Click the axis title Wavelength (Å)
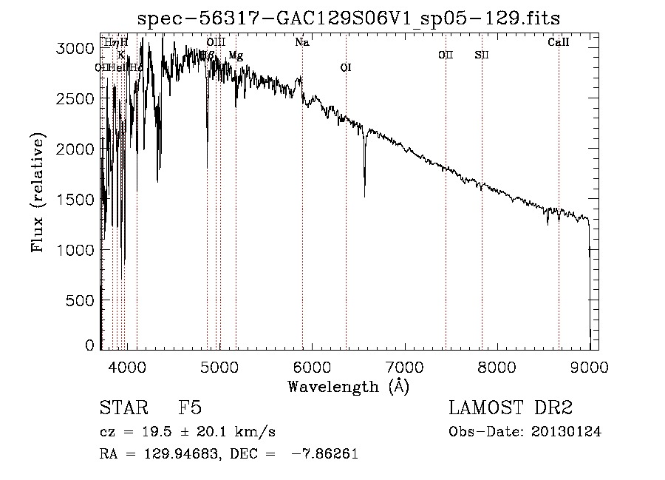347,386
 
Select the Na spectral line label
301,43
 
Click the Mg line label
235,55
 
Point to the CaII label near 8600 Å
558,43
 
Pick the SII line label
482,55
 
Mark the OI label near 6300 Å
345,68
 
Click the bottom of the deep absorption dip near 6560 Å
364,195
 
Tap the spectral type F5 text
190,408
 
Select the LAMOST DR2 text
511,408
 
